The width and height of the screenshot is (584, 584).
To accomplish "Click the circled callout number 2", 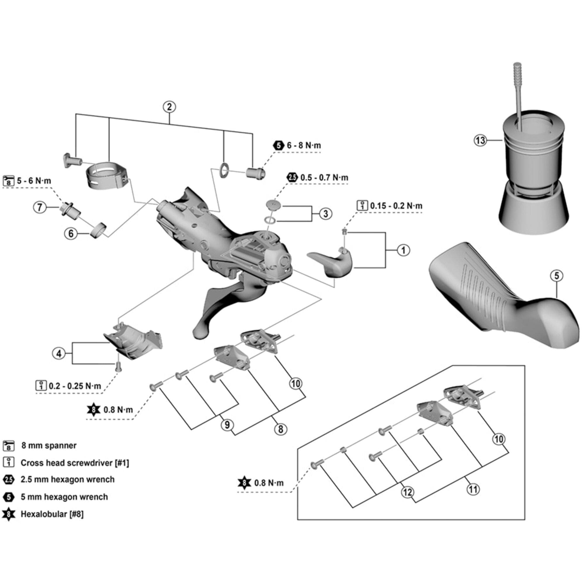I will (x=169, y=107).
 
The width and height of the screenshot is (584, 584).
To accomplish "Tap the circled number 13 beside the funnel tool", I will (x=480, y=140).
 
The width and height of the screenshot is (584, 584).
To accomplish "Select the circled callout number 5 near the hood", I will (x=557, y=276).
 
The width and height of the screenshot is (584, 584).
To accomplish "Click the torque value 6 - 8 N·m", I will (x=303, y=145).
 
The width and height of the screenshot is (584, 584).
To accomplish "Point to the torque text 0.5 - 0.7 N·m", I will (x=324, y=178).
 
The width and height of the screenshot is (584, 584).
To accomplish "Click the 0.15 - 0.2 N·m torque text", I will (x=396, y=206).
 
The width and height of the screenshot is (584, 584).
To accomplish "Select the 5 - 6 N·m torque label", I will (x=34, y=181).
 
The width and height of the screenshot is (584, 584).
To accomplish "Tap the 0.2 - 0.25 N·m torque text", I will (x=75, y=386).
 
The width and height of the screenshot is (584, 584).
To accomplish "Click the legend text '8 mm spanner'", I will (x=49, y=446).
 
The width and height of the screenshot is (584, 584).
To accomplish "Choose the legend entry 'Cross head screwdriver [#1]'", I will (x=75, y=463).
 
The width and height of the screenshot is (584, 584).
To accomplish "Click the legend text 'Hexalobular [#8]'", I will (x=52, y=514).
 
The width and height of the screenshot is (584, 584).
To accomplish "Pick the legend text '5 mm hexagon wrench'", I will (x=64, y=497).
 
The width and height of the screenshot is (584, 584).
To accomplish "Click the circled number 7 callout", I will (x=40, y=208).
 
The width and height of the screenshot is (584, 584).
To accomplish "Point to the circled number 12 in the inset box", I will (x=407, y=492).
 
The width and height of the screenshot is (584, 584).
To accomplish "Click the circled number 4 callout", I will (x=59, y=353).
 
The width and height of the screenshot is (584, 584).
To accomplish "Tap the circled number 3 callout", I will (x=326, y=214).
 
